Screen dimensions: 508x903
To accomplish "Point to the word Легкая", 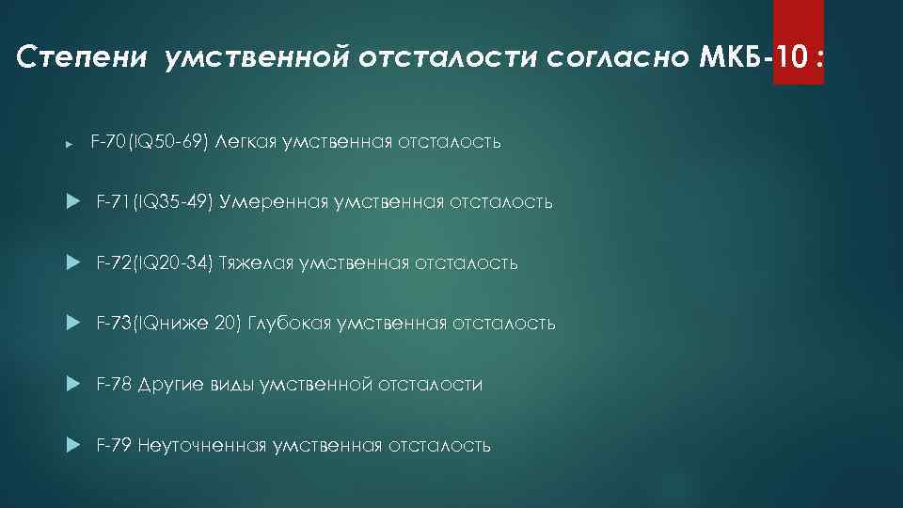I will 246,142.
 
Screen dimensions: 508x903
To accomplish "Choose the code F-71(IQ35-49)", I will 154,202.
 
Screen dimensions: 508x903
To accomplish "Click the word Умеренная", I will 274,202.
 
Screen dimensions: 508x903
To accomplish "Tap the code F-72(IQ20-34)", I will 154,262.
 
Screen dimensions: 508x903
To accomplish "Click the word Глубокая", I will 293,324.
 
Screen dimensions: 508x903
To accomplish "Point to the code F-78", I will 114,384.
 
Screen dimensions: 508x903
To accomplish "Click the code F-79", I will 114,445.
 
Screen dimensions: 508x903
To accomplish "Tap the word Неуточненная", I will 201,445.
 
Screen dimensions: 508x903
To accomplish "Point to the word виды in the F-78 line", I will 232,384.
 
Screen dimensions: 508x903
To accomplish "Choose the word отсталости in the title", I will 453,58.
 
